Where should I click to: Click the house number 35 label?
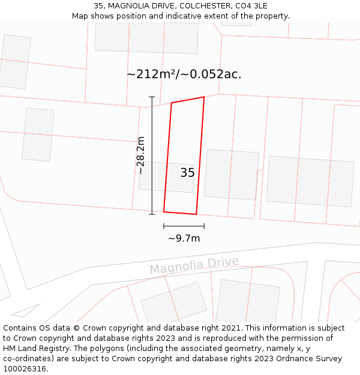point(187,173)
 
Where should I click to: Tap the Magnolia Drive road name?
point(194,265)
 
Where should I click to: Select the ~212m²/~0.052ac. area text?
point(184,74)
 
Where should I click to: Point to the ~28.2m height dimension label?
point(140,155)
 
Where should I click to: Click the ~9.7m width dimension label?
point(184,238)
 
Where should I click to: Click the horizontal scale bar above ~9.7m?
point(184,226)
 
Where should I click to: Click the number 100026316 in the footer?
point(24,369)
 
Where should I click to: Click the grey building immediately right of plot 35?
point(231,174)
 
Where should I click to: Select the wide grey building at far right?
point(310,181)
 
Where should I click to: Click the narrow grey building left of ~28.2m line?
point(38,134)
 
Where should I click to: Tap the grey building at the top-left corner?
point(15,62)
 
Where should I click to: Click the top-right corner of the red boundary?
point(204,97)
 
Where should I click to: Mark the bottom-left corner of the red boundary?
point(164,212)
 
